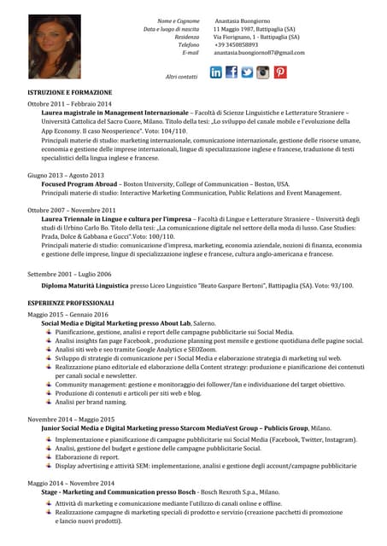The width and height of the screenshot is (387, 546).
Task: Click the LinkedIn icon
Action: pyautogui.click(x=216, y=73)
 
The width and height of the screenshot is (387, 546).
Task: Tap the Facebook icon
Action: pyautogui.click(x=232, y=73)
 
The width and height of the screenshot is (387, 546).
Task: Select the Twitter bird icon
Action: pyautogui.click(x=248, y=73)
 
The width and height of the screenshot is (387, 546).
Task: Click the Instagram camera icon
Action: pyautogui.click(x=263, y=73)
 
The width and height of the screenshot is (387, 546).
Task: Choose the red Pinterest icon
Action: pyautogui.click(x=279, y=73)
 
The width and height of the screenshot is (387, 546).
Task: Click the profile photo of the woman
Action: pyautogui.click(x=53, y=46)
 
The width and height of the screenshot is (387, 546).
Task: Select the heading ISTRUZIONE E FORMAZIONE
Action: pyautogui.click(x=69, y=91)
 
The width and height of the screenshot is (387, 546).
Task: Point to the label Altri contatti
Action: pyautogui.click(x=181, y=77)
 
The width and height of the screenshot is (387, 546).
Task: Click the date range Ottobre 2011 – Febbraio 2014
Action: pyautogui.click(x=69, y=103)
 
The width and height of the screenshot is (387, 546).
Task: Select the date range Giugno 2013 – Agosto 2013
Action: pyautogui.click(x=66, y=175)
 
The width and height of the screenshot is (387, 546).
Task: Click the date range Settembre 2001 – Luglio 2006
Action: pyautogui.click(x=69, y=274)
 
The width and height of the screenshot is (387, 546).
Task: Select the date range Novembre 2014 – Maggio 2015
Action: pyautogui.click(x=71, y=420)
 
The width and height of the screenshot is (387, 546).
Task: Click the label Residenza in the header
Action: pyautogui.click(x=186, y=38)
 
